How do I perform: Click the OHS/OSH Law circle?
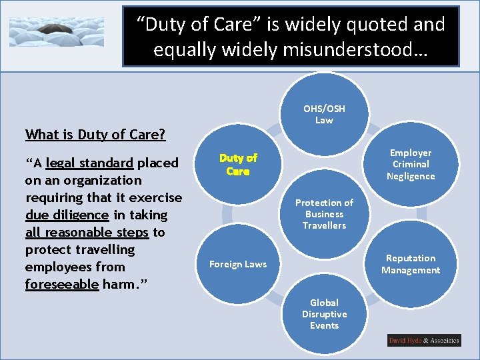(324, 114)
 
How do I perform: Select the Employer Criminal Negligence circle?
(411, 165)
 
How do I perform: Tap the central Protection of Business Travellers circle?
(324, 214)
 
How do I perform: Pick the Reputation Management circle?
(411, 264)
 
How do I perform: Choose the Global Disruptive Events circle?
(324, 313)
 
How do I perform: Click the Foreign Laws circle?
(237, 264)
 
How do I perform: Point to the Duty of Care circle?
(237, 165)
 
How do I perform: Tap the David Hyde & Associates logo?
(424, 341)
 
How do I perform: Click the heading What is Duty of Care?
(95, 135)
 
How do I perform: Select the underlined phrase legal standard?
(89, 163)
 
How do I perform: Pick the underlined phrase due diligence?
(67, 215)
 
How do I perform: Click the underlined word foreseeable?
(62, 284)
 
